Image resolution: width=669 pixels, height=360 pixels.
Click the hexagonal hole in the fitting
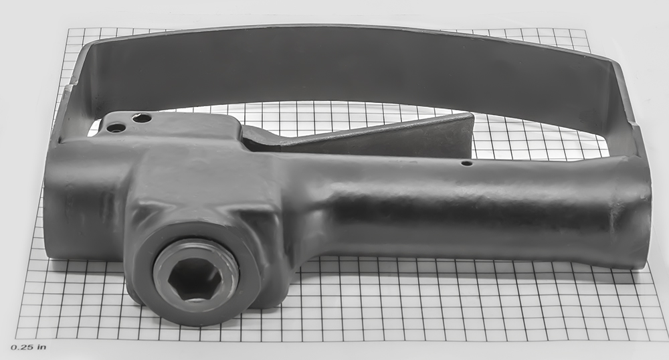(195, 280)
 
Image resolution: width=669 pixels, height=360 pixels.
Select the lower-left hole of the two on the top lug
(116, 127)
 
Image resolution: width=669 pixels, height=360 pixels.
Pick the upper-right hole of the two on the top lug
(142, 118)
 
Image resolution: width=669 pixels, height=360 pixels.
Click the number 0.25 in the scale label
(21, 347)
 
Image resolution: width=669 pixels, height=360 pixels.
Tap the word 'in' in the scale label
(41, 347)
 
